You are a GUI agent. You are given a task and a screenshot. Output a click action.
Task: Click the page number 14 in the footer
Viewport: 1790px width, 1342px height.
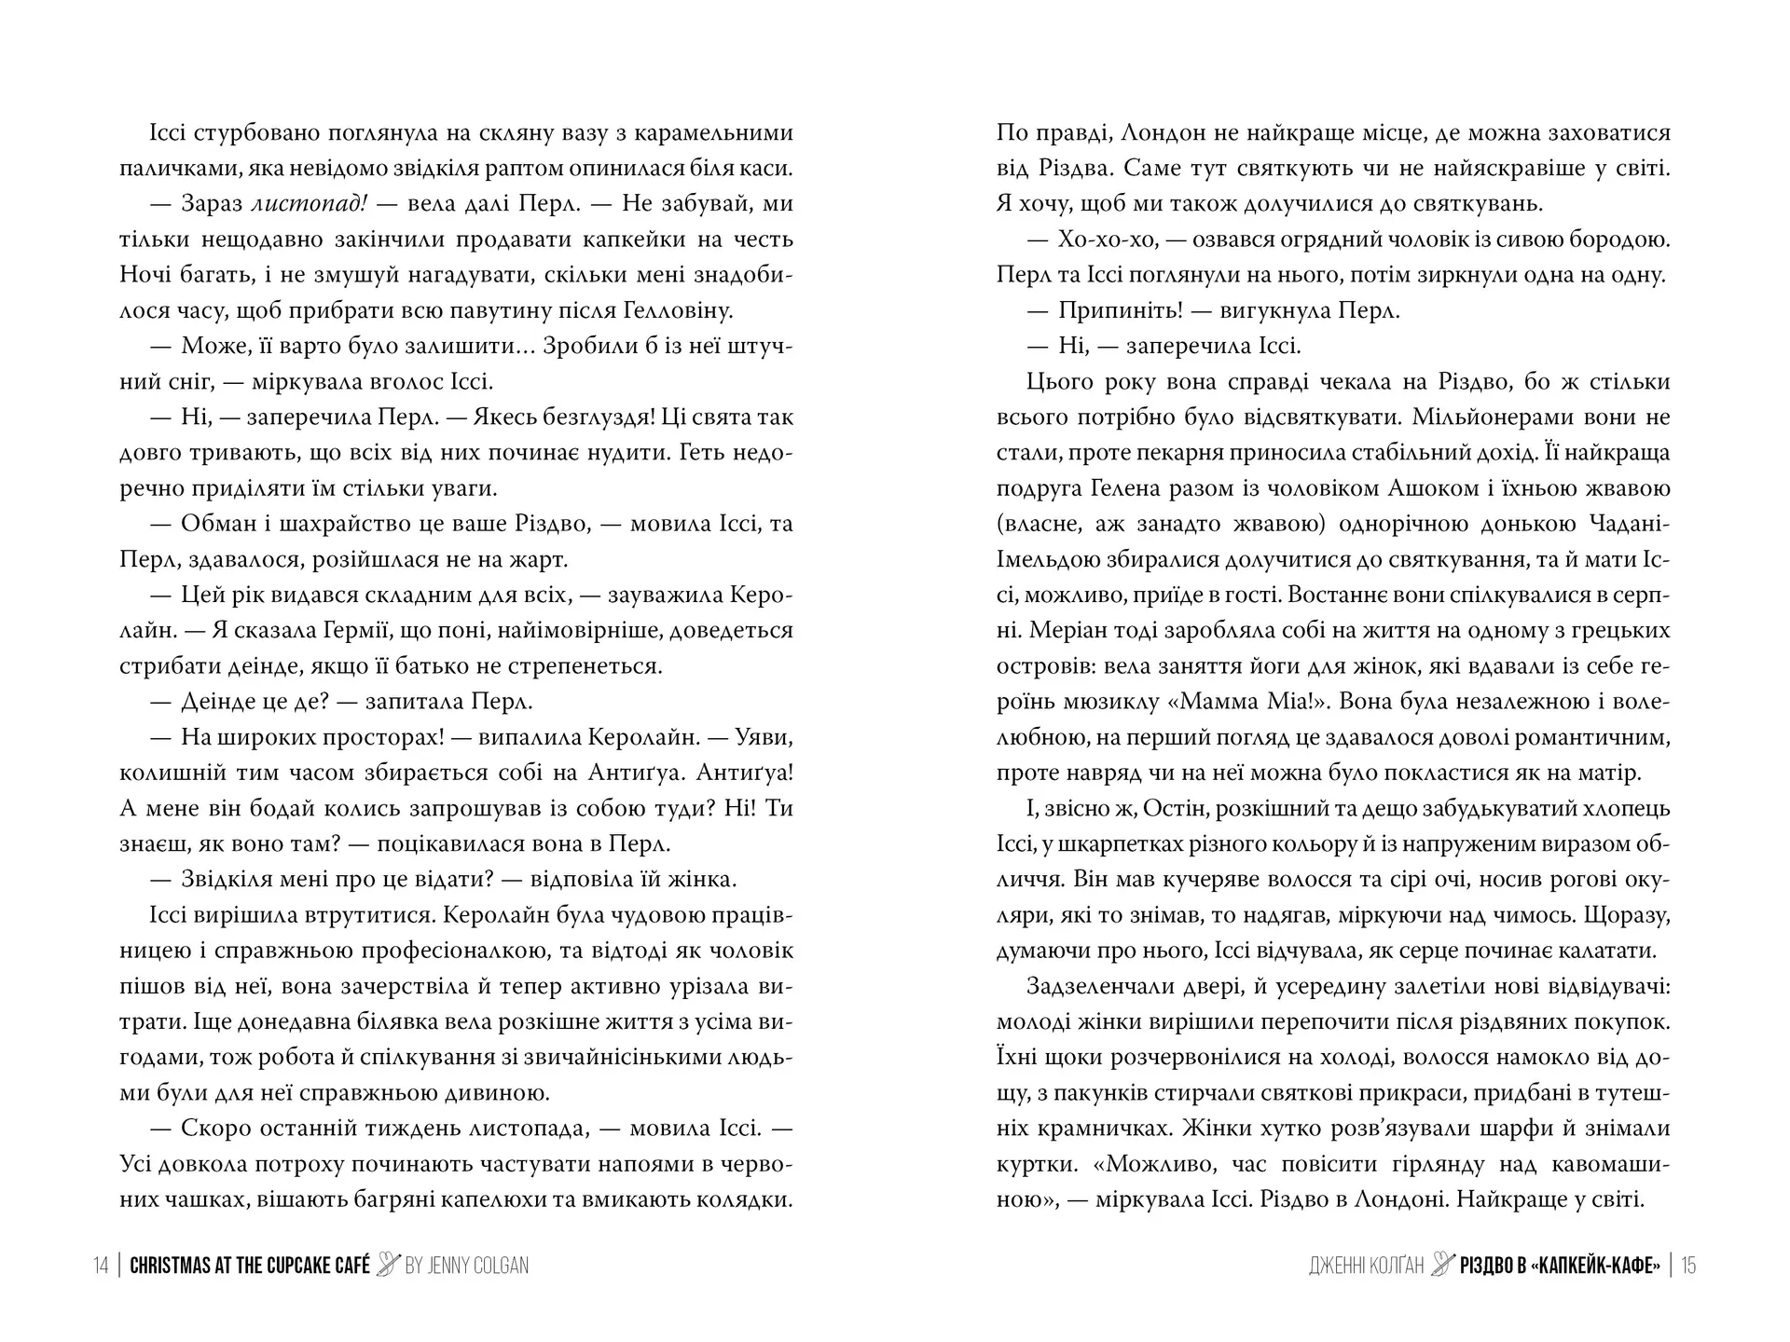(101, 1266)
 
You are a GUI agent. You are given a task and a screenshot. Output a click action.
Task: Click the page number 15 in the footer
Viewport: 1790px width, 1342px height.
(1688, 1266)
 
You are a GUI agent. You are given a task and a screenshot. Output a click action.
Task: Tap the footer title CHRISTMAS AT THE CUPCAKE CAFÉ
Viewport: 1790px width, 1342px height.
(250, 1266)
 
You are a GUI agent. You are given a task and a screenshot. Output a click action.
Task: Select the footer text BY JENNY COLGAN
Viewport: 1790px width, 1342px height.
(467, 1266)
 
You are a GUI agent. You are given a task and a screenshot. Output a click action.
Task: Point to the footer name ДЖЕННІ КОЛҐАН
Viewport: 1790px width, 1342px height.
(1366, 1266)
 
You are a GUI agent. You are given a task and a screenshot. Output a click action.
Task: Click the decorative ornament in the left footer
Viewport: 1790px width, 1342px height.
(388, 1265)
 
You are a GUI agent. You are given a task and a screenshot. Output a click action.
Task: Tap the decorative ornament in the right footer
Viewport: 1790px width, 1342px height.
(1443, 1265)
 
